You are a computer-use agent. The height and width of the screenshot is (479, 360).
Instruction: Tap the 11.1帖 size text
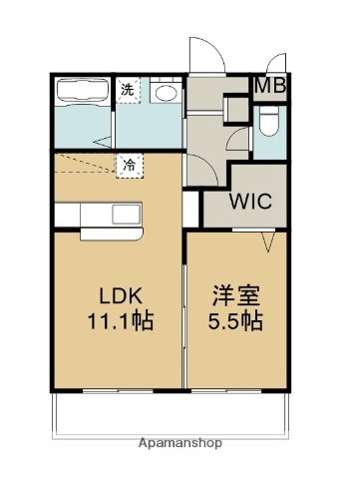pyautogui.click(x=117, y=322)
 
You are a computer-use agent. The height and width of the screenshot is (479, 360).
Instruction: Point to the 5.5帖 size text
pyautogui.click(x=235, y=322)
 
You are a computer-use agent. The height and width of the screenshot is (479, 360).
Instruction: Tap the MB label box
pyautogui.click(x=269, y=85)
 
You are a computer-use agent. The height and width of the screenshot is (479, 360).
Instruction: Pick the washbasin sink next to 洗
pyautogui.click(x=167, y=93)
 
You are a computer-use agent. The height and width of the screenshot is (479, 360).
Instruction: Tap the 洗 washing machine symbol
pyautogui.click(x=129, y=90)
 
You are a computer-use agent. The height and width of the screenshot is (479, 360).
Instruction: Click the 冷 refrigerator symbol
pyautogui.click(x=131, y=166)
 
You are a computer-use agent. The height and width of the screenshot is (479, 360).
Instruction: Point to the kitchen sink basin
pyautogui.click(x=127, y=214)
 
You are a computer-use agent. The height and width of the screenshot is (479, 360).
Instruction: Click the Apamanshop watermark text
pyautogui.click(x=180, y=442)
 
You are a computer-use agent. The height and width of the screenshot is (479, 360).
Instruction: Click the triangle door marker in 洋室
pyautogui.click(x=267, y=240)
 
